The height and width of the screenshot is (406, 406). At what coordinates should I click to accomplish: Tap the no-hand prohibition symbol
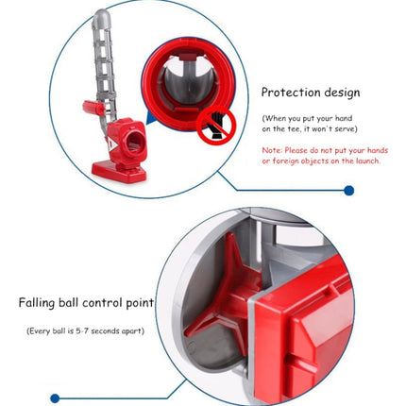click(216, 125)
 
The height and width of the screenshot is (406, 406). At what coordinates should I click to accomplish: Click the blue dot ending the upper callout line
click(348, 191)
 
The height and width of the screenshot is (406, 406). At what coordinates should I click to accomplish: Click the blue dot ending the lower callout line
click(55, 398)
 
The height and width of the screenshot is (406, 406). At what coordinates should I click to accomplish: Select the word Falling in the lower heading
click(37, 303)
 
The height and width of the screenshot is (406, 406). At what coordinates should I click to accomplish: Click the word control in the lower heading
click(102, 303)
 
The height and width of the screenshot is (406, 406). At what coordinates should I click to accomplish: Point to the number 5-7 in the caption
click(82, 331)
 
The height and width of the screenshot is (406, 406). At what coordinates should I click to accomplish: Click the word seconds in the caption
click(106, 331)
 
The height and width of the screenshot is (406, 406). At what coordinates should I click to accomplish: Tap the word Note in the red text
click(271, 150)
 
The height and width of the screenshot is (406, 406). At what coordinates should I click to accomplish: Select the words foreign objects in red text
click(305, 161)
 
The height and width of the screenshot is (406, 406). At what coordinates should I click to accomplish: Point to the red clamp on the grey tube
click(93, 108)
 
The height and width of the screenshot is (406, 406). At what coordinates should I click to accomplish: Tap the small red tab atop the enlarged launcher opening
click(188, 57)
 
